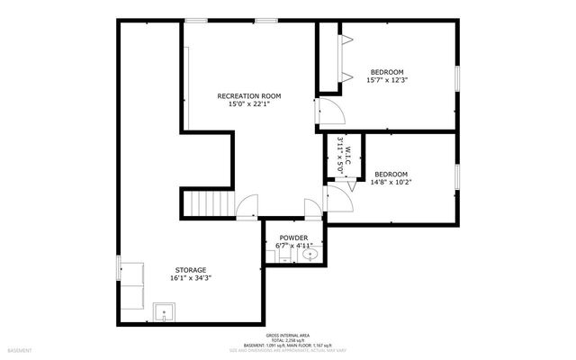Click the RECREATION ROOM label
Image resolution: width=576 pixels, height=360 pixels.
click(249, 95)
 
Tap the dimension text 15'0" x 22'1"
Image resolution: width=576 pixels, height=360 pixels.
click(249, 104)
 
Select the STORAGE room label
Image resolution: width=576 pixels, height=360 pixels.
click(190, 269)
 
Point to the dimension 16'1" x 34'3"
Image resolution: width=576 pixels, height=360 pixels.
click(190, 278)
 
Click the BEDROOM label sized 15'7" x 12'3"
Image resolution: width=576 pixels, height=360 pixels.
click(387, 72)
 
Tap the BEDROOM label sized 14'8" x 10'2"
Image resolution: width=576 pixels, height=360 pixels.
click(391, 174)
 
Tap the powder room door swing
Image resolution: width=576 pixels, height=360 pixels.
click(312, 210)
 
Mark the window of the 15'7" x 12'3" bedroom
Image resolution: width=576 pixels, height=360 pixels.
click(456, 77)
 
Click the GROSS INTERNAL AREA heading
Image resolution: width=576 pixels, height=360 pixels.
click(287, 335)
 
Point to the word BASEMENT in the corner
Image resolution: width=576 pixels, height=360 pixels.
click(20, 349)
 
